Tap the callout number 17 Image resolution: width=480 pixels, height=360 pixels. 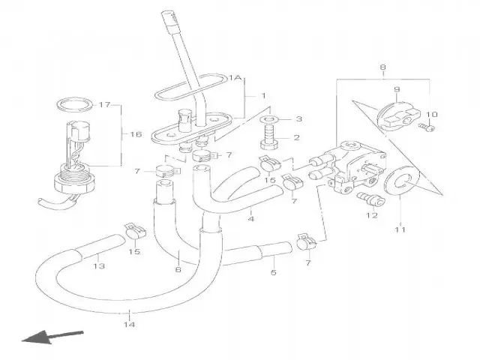(x=125, y=104)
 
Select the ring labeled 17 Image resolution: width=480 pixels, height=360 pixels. (x=76, y=103)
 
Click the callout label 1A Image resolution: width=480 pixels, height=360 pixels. (x=235, y=76)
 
